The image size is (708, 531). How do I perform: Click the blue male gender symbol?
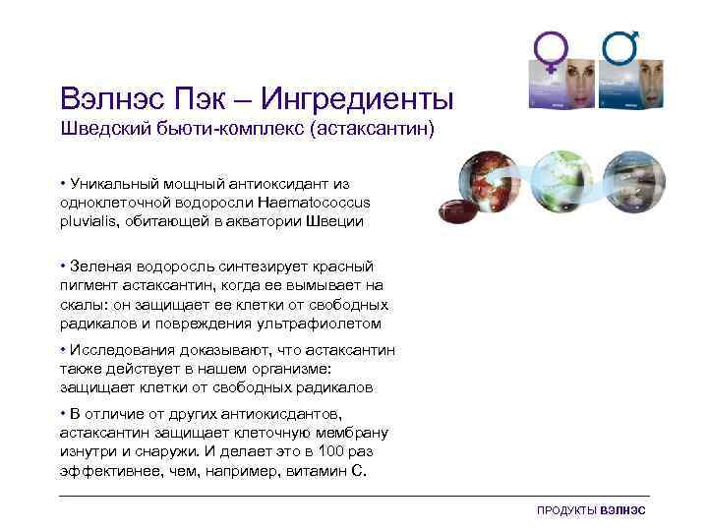point(620,49)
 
